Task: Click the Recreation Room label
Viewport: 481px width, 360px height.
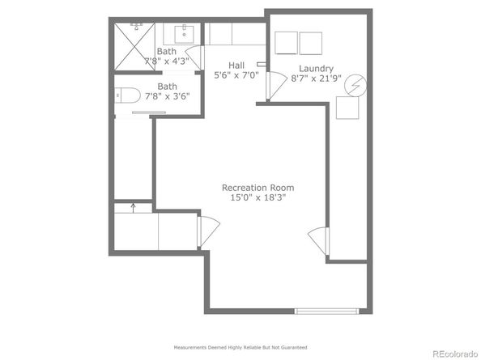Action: pos(258,188)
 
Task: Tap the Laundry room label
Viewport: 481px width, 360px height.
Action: pos(316,69)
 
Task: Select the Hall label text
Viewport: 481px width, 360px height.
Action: pos(236,66)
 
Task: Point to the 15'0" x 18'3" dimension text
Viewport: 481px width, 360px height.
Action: pos(258,197)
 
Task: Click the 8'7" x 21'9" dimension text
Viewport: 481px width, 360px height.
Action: pos(316,78)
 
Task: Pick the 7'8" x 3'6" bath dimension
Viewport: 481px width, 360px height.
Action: pos(167,96)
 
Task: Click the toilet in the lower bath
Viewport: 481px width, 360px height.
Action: pos(127,95)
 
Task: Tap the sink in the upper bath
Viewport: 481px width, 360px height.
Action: pos(184,34)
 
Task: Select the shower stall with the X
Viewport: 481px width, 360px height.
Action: pos(134,46)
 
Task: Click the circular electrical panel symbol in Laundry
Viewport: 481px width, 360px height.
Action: pos(355,86)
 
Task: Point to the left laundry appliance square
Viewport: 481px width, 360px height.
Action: pos(286,43)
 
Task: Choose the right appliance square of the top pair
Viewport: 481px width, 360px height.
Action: pos(311,43)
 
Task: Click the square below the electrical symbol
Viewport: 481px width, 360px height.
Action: pos(347,108)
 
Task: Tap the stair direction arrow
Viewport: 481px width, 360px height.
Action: pos(133,208)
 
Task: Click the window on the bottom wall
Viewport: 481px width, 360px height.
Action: pos(326,311)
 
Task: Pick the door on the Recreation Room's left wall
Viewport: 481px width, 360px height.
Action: pos(209,231)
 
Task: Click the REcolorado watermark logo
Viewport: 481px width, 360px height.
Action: pos(455,354)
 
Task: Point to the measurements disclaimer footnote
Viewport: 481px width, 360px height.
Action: pos(240,347)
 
